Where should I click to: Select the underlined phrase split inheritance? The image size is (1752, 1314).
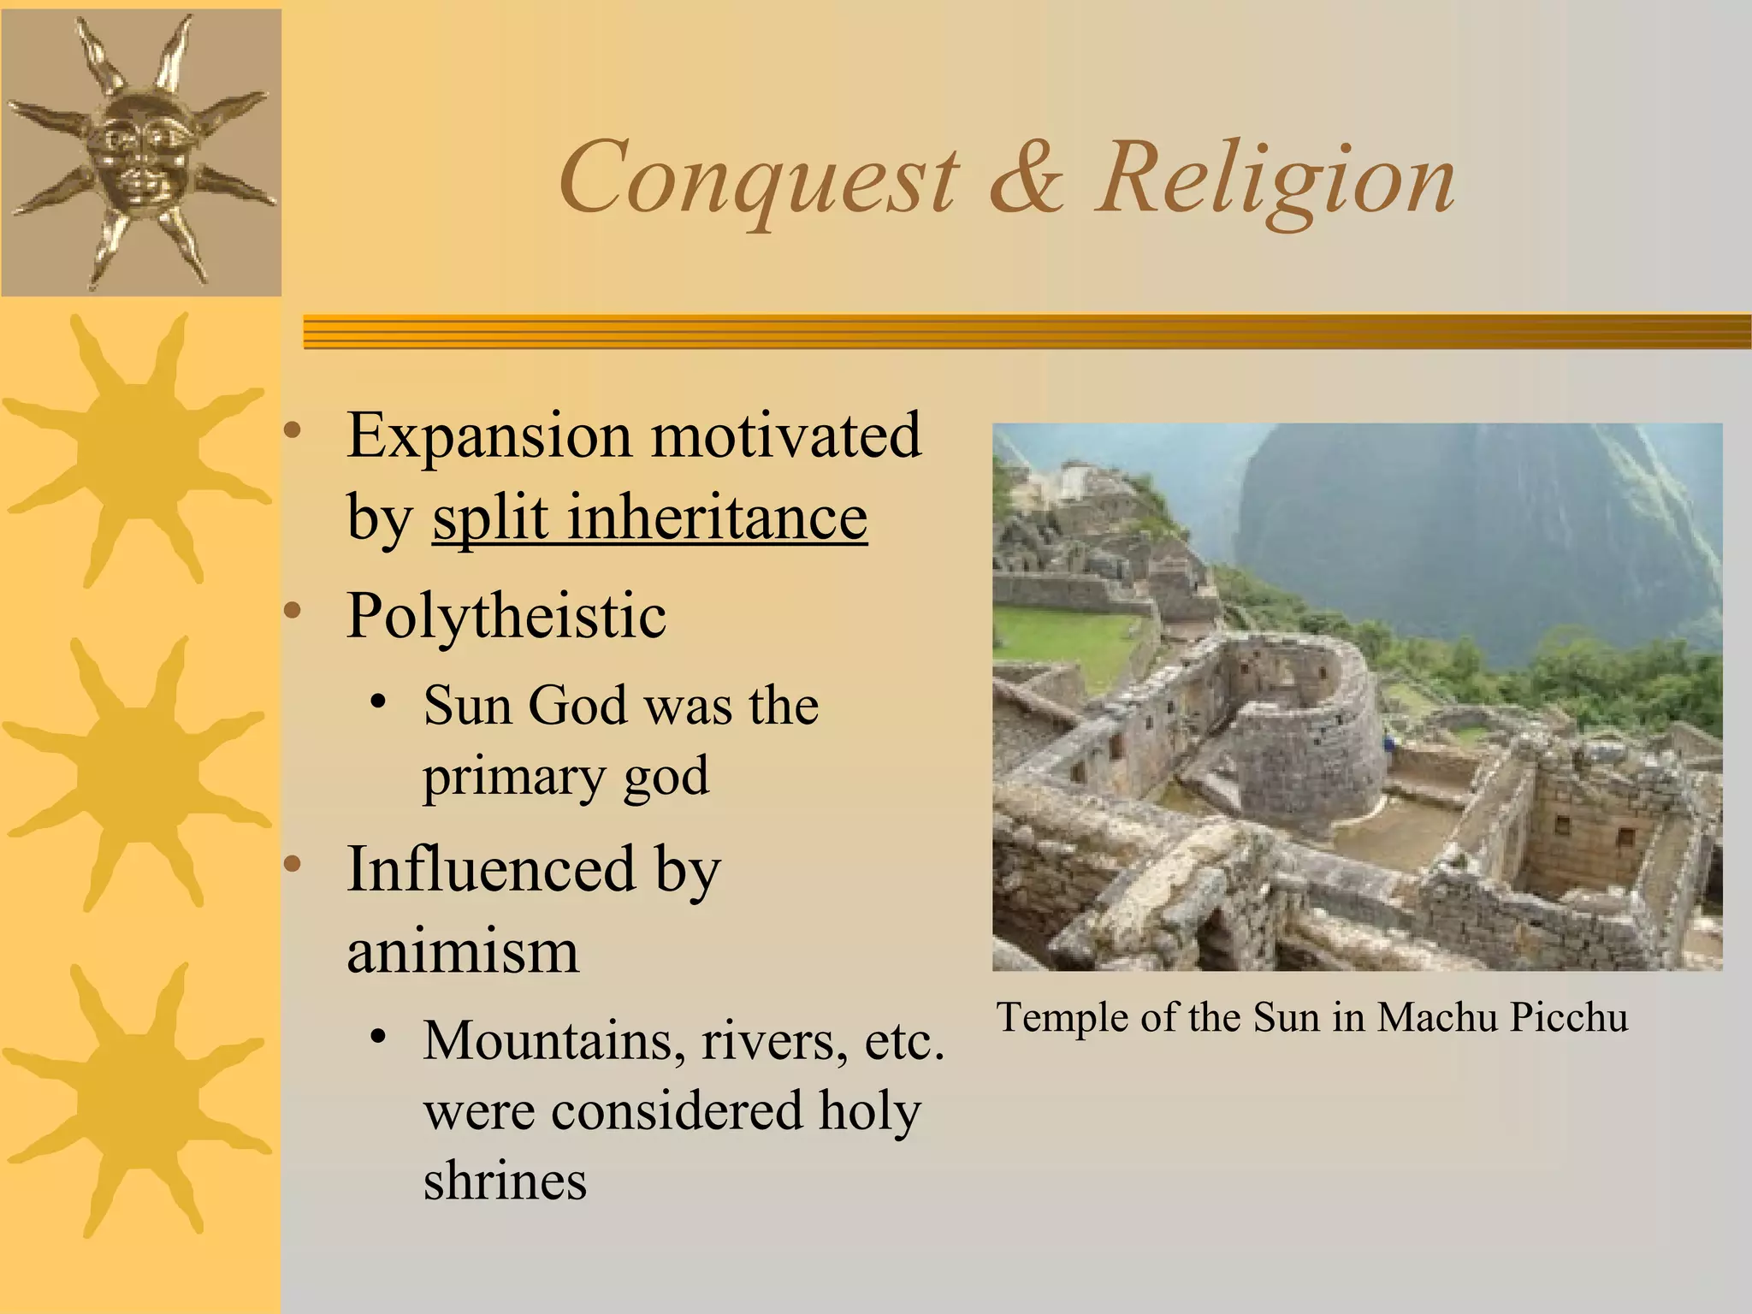[x=649, y=518]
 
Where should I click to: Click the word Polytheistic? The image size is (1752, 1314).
[x=506, y=615]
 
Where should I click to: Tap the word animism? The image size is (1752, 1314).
[x=463, y=951]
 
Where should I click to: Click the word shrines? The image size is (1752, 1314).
[x=505, y=1182]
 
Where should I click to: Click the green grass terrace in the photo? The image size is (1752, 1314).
[x=1061, y=650]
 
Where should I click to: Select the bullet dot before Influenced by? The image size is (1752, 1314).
[x=293, y=866]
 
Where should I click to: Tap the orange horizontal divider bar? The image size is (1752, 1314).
[x=1027, y=331]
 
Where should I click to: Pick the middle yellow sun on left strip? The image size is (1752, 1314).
[x=137, y=774]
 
